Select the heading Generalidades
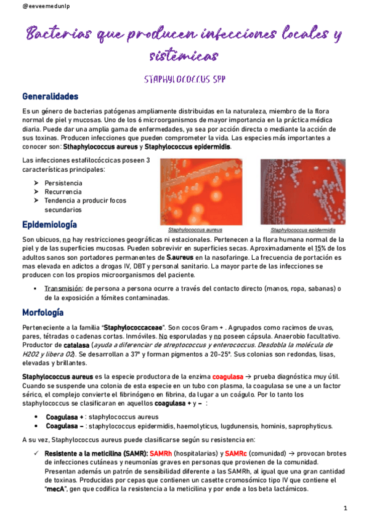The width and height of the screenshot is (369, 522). (51, 97)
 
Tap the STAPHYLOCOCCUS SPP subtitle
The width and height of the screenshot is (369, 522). (184, 79)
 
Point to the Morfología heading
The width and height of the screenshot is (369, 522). (43, 312)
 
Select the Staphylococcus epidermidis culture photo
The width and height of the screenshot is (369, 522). (298, 192)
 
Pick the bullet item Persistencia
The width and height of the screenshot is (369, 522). (63, 183)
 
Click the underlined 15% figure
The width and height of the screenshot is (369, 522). (320, 248)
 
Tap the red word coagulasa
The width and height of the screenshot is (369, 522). (226, 376)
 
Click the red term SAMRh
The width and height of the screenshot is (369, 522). (161, 453)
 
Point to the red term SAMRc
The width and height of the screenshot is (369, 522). (236, 453)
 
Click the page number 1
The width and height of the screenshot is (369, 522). (346, 508)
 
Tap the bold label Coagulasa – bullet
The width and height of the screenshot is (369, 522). (65, 426)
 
